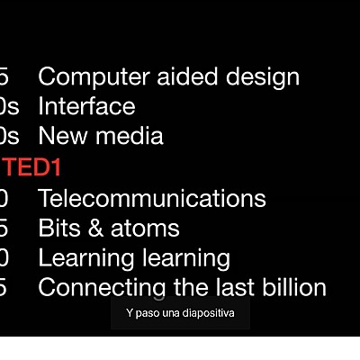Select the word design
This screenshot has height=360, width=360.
(x=257, y=77)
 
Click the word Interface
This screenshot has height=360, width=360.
(x=86, y=106)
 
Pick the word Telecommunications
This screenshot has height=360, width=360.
(x=151, y=197)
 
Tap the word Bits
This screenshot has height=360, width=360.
(x=57, y=228)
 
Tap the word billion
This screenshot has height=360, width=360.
(x=292, y=288)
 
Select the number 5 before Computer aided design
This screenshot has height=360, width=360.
(x=4, y=76)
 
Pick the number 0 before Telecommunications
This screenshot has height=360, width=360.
(x=4, y=197)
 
